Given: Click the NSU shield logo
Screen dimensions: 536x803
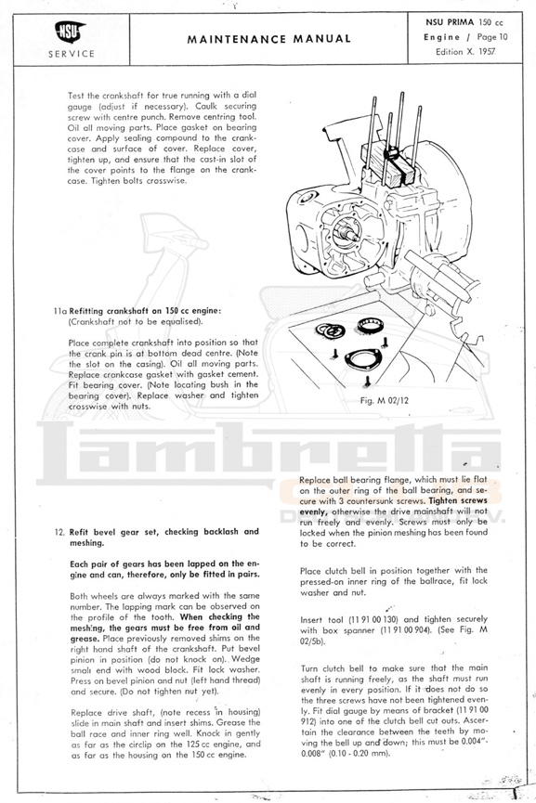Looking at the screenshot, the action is tap(71, 32).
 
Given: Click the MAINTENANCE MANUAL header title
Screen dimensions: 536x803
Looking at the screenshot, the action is tap(269, 39).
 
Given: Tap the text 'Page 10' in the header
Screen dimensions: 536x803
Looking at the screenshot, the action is tap(492, 37).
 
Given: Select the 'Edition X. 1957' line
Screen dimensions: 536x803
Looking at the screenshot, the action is tap(465, 52).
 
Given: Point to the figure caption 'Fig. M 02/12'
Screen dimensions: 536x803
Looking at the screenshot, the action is tap(385, 400).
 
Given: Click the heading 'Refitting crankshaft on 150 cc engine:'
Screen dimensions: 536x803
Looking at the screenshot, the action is tap(145, 311).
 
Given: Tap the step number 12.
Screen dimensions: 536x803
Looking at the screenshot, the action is tap(59, 532).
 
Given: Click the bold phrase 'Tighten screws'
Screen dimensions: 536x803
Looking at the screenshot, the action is tap(458, 501).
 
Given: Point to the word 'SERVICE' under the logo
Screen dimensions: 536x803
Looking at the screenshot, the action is tap(72, 54).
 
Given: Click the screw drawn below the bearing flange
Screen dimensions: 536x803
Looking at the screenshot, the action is tap(368, 381).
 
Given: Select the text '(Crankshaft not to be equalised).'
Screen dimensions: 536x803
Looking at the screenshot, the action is tap(136, 321).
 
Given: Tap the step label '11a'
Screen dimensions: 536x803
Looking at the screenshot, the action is tap(60, 311).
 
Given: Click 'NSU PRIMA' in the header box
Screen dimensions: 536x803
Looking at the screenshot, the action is tap(450, 22).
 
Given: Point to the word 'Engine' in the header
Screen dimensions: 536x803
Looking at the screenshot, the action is tap(442, 37).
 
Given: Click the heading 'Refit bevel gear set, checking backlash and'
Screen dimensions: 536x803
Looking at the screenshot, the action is tap(164, 532).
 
